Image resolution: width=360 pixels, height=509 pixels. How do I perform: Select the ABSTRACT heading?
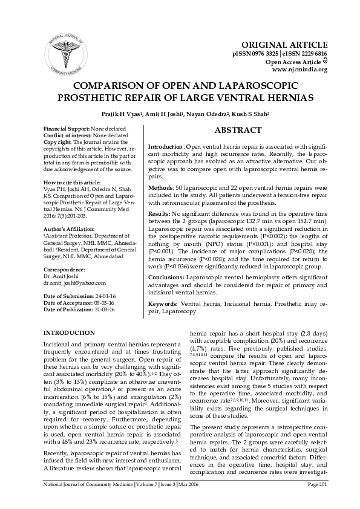[x=238, y=130]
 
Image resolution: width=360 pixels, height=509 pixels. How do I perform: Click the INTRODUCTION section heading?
[x=70, y=332]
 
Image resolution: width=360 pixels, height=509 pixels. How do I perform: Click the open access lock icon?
[x=324, y=62]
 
